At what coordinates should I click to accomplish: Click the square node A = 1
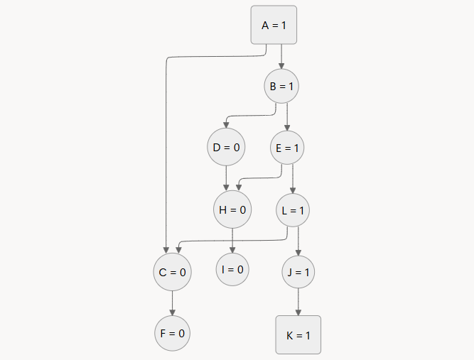274,26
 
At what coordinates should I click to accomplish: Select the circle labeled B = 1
281,87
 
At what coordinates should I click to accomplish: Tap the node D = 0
226,148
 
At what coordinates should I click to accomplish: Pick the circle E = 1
287,148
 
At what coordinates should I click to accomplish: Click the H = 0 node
232,209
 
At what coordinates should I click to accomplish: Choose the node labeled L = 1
293,209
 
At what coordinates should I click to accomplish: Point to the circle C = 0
172,272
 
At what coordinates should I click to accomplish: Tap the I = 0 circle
233,269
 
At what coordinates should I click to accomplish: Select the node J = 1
298,272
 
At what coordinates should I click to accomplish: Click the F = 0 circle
172,332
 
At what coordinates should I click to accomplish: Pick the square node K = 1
298,334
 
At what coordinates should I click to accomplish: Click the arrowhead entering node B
281,65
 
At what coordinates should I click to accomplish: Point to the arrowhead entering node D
226,126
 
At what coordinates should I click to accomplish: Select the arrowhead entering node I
233,249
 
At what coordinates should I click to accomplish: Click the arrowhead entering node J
298,250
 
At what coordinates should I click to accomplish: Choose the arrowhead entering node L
293,188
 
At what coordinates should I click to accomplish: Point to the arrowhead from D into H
227,187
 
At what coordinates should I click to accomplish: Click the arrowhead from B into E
287,126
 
